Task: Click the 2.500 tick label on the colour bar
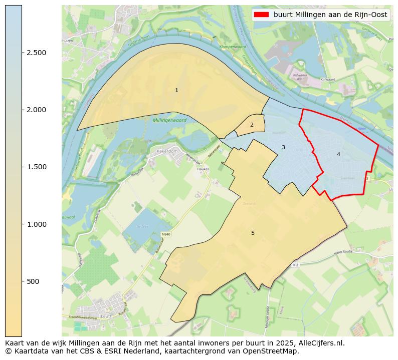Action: (x=37, y=53)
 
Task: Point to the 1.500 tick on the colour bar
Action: (x=37, y=167)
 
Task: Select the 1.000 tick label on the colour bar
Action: (x=37, y=224)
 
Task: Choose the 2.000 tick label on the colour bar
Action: (x=37, y=110)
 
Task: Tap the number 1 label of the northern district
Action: (x=176, y=90)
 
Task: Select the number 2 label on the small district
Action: (x=252, y=125)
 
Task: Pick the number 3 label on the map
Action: (x=283, y=147)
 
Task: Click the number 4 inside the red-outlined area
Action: (x=338, y=154)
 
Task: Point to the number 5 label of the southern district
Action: (x=253, y=233)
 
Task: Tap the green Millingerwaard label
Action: (x=169, y=121)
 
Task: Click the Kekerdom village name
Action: (x=167, y=151)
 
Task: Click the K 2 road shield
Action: (x=296, y=264)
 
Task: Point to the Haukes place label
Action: (x=203, y=169)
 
